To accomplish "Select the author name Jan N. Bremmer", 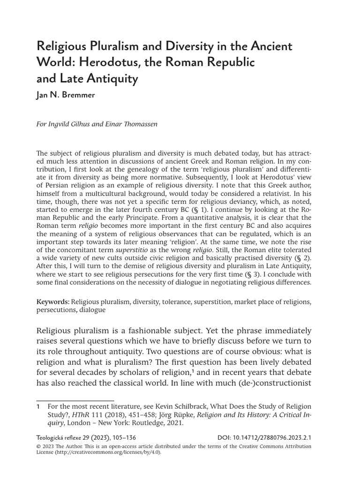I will [66, 95].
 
